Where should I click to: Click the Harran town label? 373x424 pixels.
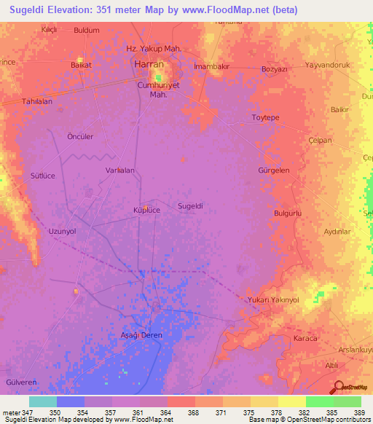coord(149,64)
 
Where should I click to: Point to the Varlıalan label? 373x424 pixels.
coord(120,170)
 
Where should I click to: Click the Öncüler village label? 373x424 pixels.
coord(80,137)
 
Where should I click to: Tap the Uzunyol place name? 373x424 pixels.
coord(62,231)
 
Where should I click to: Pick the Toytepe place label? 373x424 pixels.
coord(265,117)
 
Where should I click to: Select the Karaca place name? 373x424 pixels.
coord(306,339)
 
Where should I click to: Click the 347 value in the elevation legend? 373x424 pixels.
coord(28,413)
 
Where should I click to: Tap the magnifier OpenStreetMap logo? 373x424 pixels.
coord(339,388)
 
